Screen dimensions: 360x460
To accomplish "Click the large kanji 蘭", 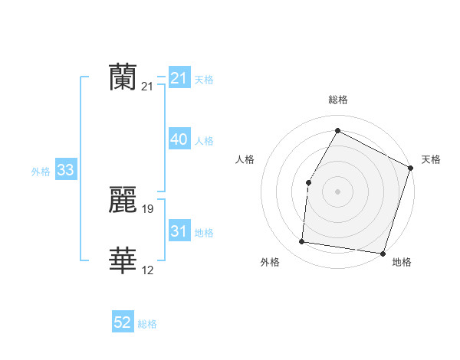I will click(123, 77).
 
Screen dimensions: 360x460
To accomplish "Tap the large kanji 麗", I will click(123, 200).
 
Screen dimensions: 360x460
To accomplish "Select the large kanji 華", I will click(123, 261).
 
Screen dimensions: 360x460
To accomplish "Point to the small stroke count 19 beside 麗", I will click(148, 208).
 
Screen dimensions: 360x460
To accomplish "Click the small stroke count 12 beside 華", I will click(148, 270).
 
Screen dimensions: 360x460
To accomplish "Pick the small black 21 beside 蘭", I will click(148, 87).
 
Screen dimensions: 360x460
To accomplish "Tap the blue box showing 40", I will click(179, 139).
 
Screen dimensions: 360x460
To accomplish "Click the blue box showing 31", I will click(179, 231).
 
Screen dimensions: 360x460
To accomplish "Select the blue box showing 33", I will click(65, 170).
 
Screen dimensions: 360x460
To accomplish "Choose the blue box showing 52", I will click(123, 322).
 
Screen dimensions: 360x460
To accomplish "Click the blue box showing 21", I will click(179, 78).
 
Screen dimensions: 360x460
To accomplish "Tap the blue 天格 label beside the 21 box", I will click(204, 79).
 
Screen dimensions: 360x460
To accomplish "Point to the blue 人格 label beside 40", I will click(204, 141).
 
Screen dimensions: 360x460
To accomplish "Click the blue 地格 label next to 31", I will click(204, 233).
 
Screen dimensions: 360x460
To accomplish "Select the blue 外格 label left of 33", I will click(41, 172).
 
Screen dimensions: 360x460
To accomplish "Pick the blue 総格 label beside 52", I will click(147, 324).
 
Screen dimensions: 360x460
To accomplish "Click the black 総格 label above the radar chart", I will click(337, 100).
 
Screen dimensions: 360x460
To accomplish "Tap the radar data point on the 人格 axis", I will click(308, 182).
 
